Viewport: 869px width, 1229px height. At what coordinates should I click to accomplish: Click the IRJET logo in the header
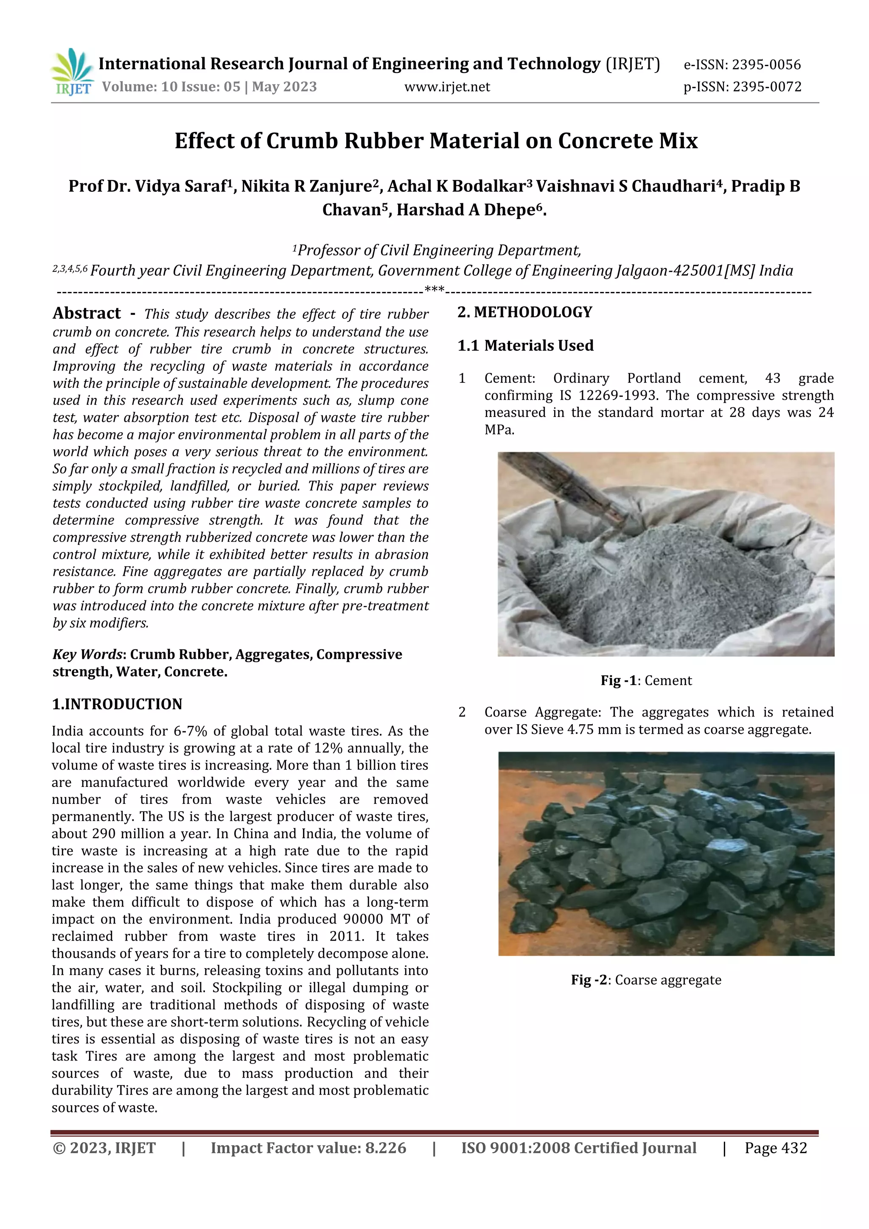point(72,72)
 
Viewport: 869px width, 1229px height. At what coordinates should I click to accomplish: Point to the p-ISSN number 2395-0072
point(767,87)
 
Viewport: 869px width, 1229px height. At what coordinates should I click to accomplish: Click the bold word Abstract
point(87,313)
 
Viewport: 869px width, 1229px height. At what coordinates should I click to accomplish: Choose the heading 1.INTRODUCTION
point(117,704)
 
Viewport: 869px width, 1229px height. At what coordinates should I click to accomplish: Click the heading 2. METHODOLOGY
point(525,312)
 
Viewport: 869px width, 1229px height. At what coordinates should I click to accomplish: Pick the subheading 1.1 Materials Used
point(525,346)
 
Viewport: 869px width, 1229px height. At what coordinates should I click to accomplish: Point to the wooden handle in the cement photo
point(562,482)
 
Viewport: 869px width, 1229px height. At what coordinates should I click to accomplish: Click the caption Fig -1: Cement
point(646,680)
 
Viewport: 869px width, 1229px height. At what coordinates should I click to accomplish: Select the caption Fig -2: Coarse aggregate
point(646,980)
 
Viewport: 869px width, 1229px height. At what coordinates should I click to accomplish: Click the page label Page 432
point(775,1148)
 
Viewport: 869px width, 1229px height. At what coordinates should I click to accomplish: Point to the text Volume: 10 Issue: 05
point(171,87)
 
